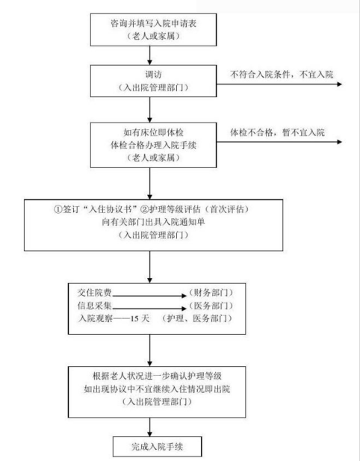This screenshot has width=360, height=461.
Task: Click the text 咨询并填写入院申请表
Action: [x=153, y=23]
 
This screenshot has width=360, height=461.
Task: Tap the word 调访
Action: [x=153, y=75]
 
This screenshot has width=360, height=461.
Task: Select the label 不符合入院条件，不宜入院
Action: [x=282, y=75]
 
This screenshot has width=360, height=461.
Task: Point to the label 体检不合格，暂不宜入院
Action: [x=277, y=132]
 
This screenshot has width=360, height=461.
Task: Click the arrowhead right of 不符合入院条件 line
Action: [x=339, y=84]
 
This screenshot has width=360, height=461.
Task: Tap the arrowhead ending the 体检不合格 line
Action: [x=339, y=142]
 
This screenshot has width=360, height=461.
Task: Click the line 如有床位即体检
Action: [x=153, y=132]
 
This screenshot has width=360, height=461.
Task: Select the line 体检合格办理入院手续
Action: [x=153, y=145]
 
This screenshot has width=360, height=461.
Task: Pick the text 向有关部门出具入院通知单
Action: [x=153, y=222]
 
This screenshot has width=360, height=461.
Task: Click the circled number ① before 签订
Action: [x=58, y=209]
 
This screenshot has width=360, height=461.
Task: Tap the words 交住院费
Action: [x=94, y=293]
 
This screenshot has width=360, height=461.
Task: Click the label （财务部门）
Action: [x=211, y=293]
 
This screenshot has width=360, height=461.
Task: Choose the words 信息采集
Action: [x=94, y=306]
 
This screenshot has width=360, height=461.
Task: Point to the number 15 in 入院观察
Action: [x=135, y=319]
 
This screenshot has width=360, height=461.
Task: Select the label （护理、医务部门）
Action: [x=197, y=318]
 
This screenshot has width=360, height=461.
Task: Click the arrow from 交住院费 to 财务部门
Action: [x=149, y=296]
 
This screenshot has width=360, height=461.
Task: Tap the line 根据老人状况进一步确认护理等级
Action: [x=157, y=376]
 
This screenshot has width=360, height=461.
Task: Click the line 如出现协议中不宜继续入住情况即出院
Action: [x=157, y=389]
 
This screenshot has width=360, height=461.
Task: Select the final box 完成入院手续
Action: [x=158, y=447]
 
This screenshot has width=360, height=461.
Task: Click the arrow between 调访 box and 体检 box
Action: [x=149, y=110]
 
